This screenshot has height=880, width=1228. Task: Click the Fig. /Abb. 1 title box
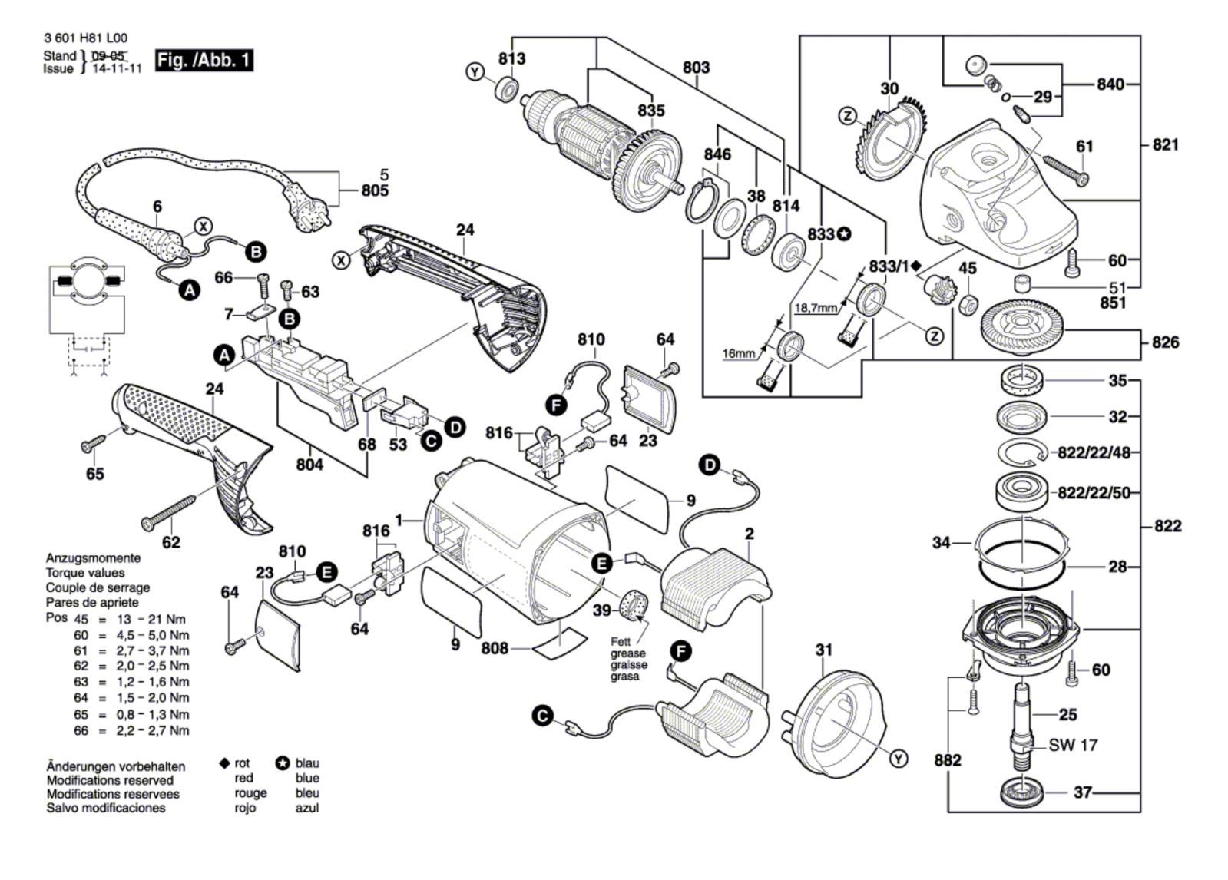click(x=204, y=60)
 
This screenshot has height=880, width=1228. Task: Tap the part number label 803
click(x=696, y=68)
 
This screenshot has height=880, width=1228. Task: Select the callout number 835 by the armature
click(x=650, y=111)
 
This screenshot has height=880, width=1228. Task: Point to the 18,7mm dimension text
click(x=816, y=307)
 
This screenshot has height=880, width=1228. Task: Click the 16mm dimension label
click(x=739, y=353)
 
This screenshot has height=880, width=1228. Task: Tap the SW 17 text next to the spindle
click(x=1073, y=745)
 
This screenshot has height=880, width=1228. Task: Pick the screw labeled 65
click(x=95, y=444)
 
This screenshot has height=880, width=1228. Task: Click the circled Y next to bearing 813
click(x=476, y=72)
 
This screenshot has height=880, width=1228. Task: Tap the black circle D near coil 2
click(x=710, y=465)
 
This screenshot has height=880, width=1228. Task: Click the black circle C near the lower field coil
click(x=542, y=716)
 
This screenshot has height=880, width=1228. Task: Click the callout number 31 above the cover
click(x=823, y=650)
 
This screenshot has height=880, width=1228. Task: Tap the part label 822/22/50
click(x=1094, y=492)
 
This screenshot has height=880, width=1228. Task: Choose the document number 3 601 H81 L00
click(x=86, y=38)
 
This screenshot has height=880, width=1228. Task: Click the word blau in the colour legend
click(x=307, y=763)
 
